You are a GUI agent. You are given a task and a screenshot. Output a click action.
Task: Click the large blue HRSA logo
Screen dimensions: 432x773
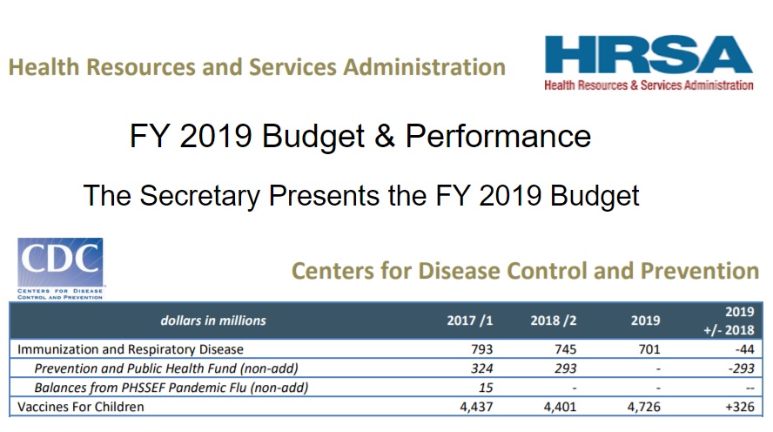point(648,57)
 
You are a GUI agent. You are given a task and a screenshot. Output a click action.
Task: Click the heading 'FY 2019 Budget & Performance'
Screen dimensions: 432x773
point(360,136)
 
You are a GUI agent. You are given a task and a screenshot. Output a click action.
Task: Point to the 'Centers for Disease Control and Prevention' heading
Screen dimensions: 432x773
point(525,271)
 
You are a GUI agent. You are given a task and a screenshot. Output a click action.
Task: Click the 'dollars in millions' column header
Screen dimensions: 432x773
point(213,321)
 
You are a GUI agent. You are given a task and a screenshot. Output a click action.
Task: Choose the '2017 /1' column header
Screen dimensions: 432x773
point(470,321)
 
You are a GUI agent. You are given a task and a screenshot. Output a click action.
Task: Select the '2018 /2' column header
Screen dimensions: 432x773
point(554,321)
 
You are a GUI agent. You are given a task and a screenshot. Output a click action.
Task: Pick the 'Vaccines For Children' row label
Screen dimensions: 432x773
point(81,407)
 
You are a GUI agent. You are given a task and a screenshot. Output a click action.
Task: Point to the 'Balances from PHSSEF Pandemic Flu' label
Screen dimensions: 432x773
point(171,388)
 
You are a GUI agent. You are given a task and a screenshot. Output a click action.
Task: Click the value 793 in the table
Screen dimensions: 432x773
point(481,349)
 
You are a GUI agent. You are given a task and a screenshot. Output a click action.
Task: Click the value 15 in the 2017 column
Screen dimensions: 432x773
point(486,388)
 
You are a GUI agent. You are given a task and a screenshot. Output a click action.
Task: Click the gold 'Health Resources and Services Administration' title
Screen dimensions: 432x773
point(258,67)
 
